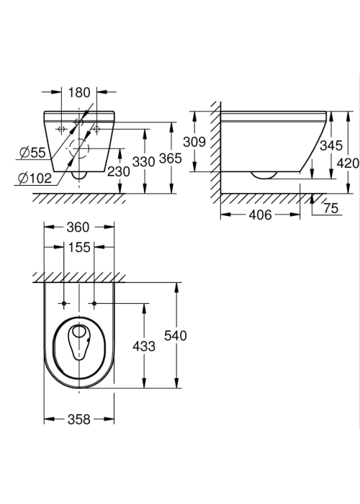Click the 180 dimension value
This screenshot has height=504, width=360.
pos(79,93)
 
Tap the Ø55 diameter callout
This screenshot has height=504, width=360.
pos(32,152)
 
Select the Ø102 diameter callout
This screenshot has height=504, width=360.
pos(35,178)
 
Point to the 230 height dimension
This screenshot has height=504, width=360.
pos(119,171)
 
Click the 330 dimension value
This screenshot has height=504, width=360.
pos(144,162)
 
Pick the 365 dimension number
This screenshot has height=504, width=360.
pos(171,158)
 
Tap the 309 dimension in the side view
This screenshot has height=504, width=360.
pos(194,141)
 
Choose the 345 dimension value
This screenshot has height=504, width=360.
pos(331,145)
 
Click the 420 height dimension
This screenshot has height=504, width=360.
pos(348,163)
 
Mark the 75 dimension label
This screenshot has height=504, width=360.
pos(331,208)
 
